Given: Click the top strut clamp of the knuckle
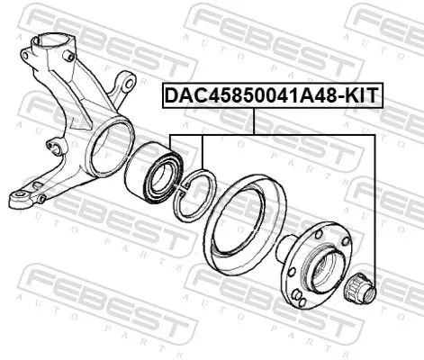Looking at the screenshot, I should [x=49, y=46].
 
